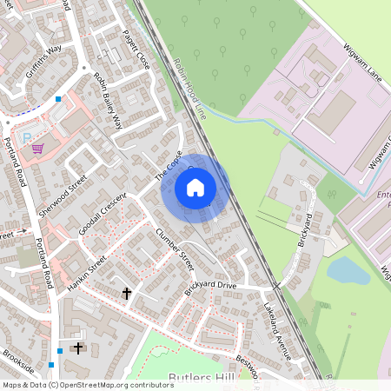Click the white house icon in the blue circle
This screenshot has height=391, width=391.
click(x=195, y=187)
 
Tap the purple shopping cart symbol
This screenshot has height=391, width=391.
click(x=37, y=148)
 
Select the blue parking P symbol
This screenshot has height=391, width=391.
click(x=26, y=137)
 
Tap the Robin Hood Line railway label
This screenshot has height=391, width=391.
click(x=189, y=87)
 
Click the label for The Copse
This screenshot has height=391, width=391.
click(x=169, y=164)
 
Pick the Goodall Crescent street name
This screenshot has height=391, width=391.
click(x=103, y=213)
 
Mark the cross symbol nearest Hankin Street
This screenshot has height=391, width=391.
click(x=127, y=294)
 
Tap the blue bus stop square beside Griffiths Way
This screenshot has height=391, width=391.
click(x=58, y=99)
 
